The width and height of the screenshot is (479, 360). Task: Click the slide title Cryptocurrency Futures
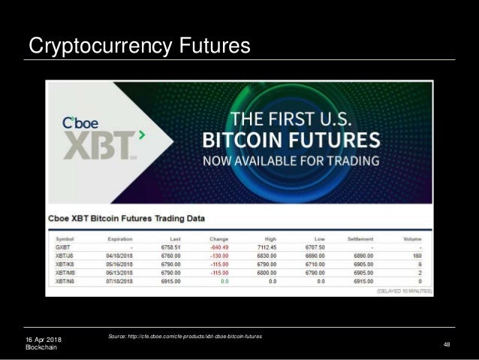point(138,47)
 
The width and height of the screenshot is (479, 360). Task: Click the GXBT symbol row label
point(65,247)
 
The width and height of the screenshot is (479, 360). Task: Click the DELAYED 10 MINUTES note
point(402,289)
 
